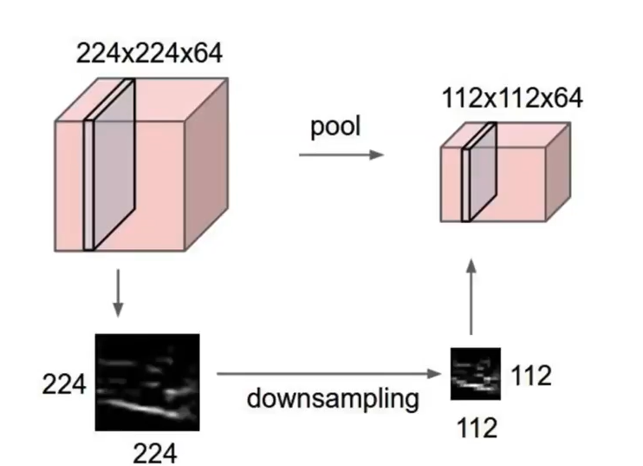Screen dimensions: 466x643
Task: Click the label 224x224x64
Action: tap(149, 53)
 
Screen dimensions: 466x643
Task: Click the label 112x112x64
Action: tap(512, 98)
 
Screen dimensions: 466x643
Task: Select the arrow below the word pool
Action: tap(341, 154)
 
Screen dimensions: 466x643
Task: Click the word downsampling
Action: tap(332, 399)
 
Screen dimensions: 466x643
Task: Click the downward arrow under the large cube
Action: tap(119, 294)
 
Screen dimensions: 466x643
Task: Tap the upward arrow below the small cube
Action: tap(471, 295)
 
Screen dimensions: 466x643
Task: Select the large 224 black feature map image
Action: tap(146, 383)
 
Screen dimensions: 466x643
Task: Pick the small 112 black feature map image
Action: tap(475, 373)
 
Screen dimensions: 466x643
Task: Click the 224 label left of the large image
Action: tap(65, 384)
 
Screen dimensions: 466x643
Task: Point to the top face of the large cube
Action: tap(143, 100)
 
